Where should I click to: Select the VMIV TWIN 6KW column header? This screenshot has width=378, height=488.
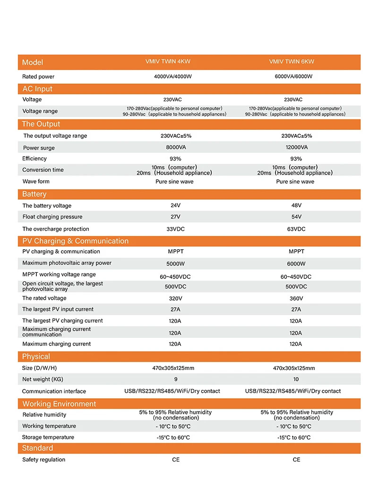pos(292,62)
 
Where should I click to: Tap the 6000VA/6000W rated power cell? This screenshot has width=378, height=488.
pos(293,76)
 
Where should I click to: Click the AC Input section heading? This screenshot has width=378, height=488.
pos(37,89)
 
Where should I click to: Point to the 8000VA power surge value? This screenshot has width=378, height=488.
pos(175,147)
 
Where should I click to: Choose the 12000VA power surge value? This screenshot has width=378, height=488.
pos(296,147)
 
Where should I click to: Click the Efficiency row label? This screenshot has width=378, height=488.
pos(34,159)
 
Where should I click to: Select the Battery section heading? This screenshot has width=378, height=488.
pos(34,194)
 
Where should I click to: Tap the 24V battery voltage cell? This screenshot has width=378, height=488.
pos(175,206)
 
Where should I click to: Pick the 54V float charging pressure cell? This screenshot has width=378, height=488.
pos(296,217)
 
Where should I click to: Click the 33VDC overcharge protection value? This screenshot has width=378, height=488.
pos(175,229)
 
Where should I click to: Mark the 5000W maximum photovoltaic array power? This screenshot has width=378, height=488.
pos(175,264)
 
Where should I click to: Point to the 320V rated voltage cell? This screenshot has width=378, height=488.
pos(175,298)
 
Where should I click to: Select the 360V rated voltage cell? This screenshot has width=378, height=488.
pos(296,298)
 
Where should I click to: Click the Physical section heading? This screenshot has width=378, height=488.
pos(36,356)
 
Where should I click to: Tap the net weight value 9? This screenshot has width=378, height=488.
pos(175,379)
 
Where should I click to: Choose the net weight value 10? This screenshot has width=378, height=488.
pos(296,379)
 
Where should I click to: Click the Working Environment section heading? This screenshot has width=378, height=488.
pos(59,404)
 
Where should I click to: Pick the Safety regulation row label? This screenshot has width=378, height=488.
pos(44,460)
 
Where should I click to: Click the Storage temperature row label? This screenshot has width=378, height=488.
pos(48,438)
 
